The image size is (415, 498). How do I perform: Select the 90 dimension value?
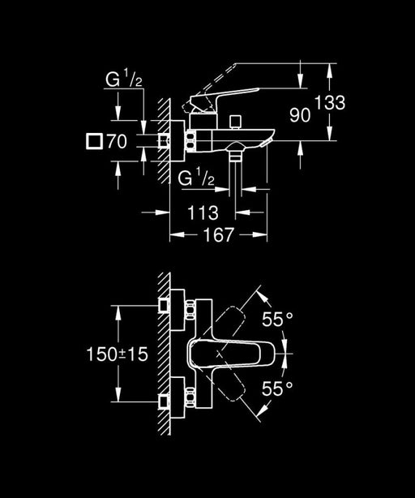tap(300, 116)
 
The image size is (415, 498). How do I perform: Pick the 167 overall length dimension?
tap(216, 235)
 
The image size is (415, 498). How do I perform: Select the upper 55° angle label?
tap(277, 320)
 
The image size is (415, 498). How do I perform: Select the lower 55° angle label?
tap(277, 389)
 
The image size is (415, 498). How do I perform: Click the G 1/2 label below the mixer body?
tap(195, 178)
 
